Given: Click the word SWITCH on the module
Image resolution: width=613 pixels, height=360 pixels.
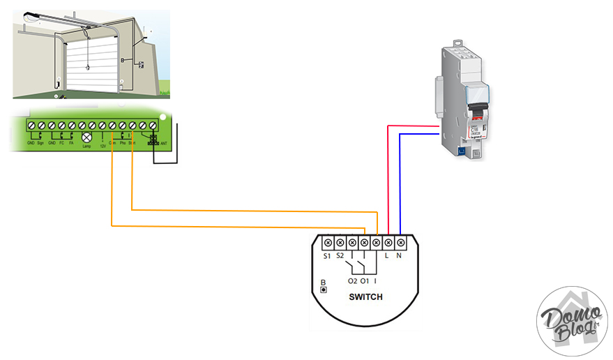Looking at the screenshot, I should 365,297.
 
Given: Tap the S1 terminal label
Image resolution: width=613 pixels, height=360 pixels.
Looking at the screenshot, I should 327,257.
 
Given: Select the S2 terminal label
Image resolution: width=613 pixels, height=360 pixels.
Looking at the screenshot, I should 340,257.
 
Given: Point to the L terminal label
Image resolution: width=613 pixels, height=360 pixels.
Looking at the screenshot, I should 388,257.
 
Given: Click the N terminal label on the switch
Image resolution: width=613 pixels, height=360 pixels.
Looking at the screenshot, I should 400,257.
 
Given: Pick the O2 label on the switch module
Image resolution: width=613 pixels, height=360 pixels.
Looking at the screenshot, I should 351,280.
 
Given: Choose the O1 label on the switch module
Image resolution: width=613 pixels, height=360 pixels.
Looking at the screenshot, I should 364,280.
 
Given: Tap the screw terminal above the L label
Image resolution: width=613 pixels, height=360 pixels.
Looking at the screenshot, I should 388,242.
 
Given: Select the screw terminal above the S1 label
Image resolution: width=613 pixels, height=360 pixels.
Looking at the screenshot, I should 327,242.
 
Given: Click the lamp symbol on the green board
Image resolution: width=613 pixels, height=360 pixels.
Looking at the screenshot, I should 87,137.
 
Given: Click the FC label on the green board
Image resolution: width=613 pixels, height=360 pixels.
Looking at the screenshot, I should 61,144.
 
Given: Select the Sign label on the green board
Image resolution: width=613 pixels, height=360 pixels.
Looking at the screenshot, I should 40,144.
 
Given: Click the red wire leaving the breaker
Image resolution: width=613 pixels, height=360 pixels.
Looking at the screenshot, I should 411,126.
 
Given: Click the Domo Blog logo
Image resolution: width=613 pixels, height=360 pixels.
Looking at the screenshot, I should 572,321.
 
